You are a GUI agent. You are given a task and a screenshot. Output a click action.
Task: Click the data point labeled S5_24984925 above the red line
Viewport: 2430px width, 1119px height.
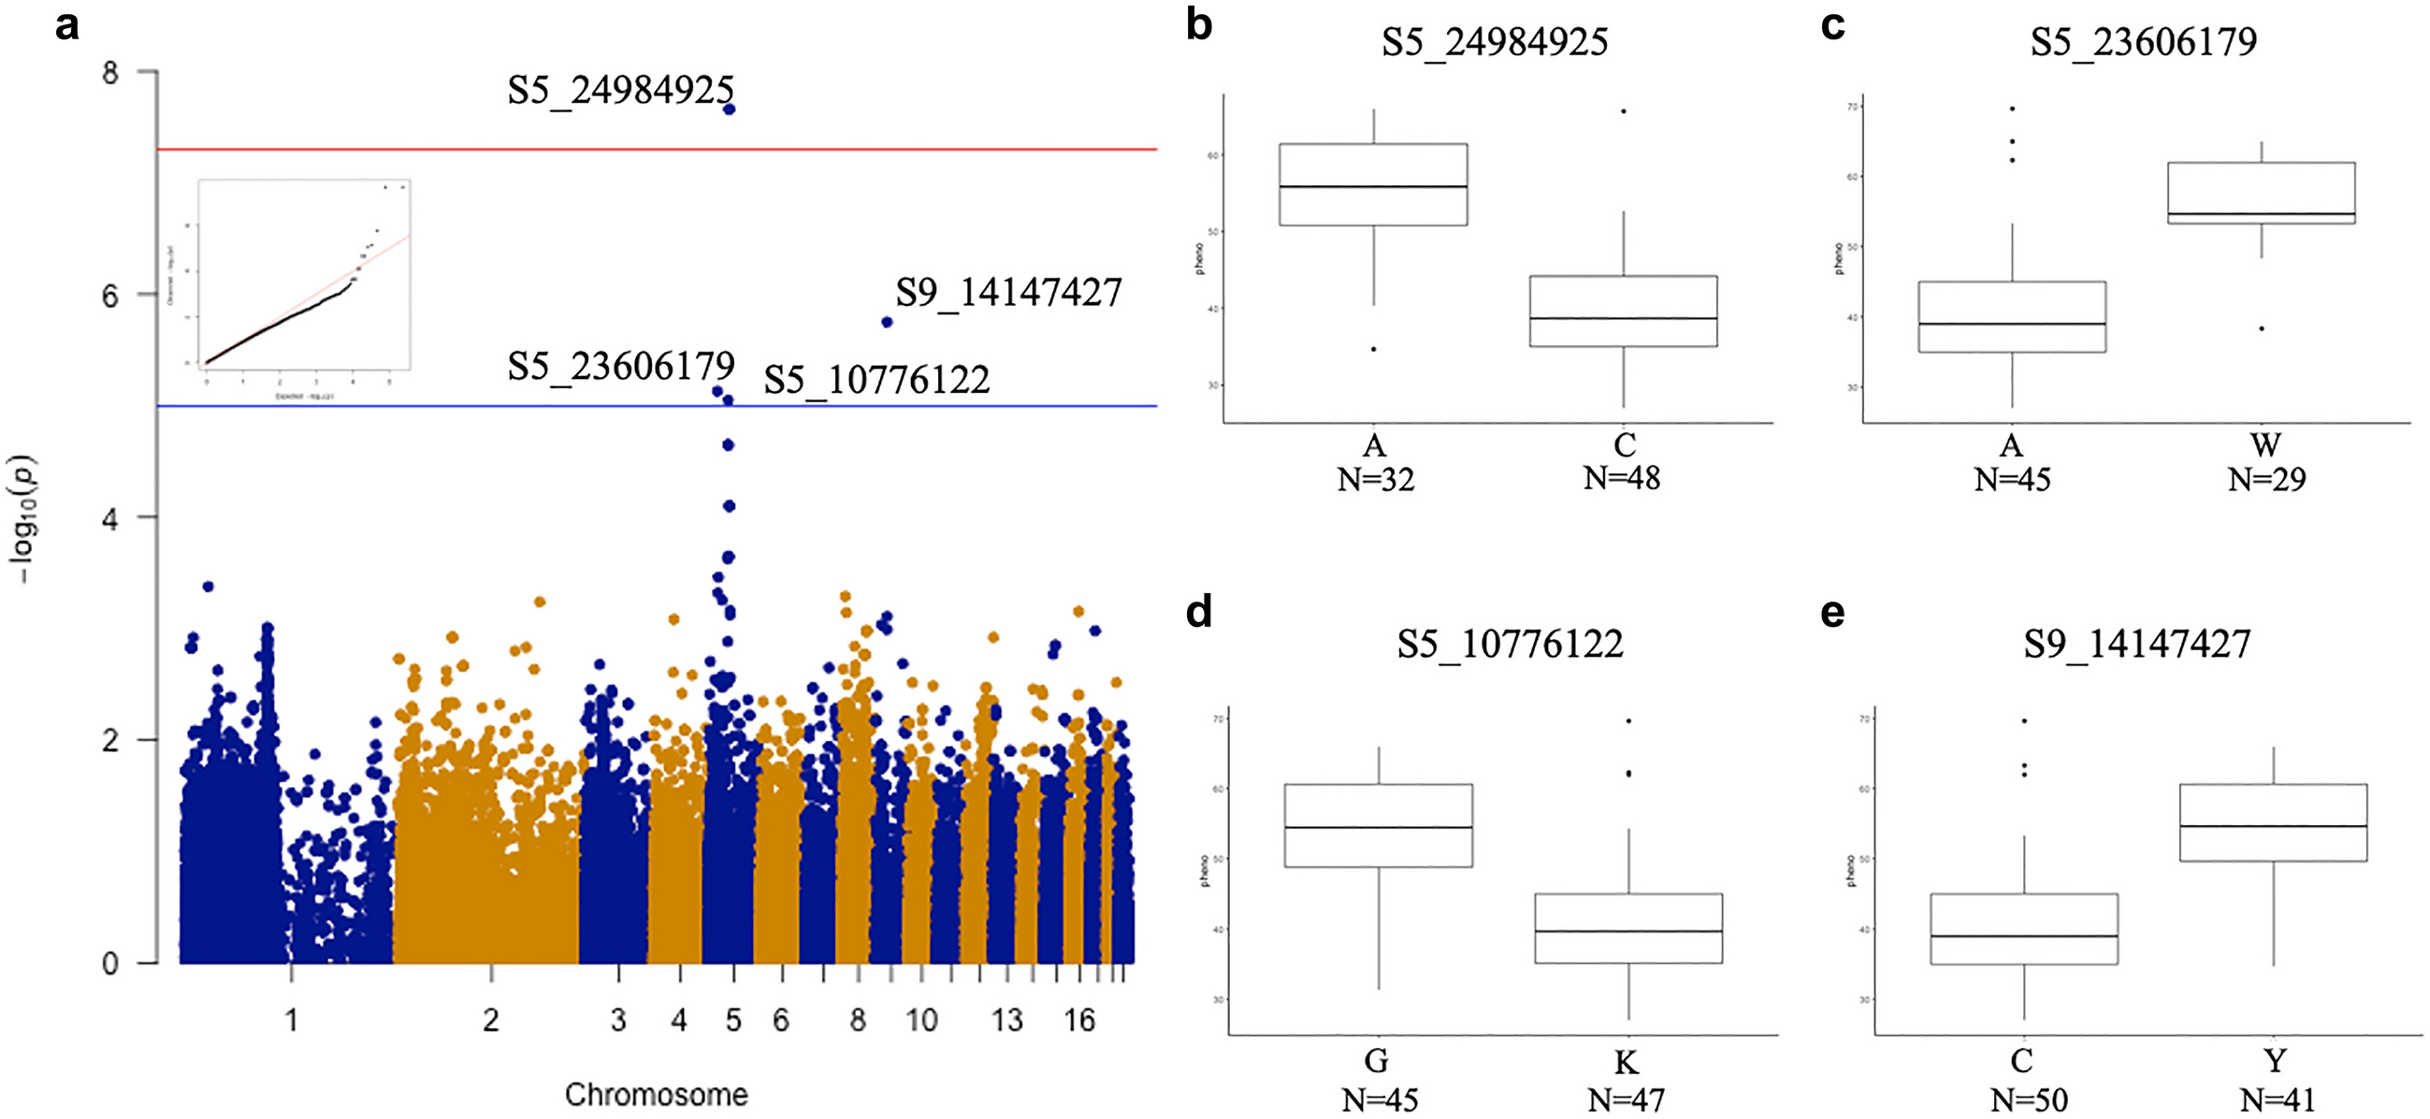[x=730, y=109]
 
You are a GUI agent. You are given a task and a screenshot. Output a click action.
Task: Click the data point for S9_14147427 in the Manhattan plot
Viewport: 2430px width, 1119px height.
[x=887, y=323]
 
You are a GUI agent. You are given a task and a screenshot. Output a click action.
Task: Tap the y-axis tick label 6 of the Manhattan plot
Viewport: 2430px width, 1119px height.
[x=111, y=297]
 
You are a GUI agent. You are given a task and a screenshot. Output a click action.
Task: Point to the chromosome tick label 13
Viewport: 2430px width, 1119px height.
[x=1006, y=1020]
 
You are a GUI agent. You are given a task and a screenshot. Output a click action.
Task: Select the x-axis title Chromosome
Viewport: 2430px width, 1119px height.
[x=656, y=1095]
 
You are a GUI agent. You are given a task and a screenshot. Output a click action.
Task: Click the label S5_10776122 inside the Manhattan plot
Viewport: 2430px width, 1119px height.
[x=876, y=380]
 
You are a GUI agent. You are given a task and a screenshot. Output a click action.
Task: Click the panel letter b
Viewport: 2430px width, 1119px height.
[x=1198, y=24]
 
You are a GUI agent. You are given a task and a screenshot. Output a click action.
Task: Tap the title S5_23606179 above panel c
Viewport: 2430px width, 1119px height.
[x=2143, y=42]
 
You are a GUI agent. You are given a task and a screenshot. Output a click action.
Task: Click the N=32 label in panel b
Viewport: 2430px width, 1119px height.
[x=1375, y=480]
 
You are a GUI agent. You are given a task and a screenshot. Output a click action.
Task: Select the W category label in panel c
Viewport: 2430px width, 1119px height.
[x=2265, y=445]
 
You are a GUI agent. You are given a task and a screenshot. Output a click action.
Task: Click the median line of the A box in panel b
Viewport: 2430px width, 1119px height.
[x=1372, y=187]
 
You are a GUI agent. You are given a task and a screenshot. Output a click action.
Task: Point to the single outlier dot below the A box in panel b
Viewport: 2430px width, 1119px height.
[x=1373, y=349]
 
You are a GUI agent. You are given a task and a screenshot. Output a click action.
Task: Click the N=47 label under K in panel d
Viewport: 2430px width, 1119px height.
[x=1627, y=1100]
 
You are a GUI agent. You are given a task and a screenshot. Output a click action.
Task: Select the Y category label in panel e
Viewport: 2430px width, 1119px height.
[x=2275, y=1061]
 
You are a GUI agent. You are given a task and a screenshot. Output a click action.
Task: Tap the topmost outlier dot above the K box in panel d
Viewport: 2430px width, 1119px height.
[x=1628, y=721]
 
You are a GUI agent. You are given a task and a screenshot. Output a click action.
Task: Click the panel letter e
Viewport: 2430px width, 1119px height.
[x=1831, y=613]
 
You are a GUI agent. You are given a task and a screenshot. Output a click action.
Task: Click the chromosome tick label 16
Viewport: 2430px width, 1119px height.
[x=1079, y=1020]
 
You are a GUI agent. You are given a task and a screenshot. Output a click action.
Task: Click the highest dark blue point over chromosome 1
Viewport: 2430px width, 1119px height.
[x=209, y=587]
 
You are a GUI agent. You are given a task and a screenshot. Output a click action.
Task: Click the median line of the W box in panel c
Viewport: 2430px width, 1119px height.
[x=2261, y=214]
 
